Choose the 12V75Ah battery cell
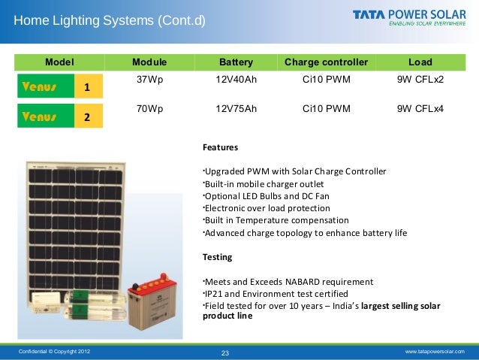(236, 109)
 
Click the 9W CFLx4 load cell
(420, 109)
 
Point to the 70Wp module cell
(149, 109)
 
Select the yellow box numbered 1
(87, 88)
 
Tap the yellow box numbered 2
(87, 117)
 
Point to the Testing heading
(218, 257)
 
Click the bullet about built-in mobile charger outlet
(264, 183)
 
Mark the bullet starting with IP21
(276, 293)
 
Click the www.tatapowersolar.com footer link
(435, 352)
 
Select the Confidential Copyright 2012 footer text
(53, 352)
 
